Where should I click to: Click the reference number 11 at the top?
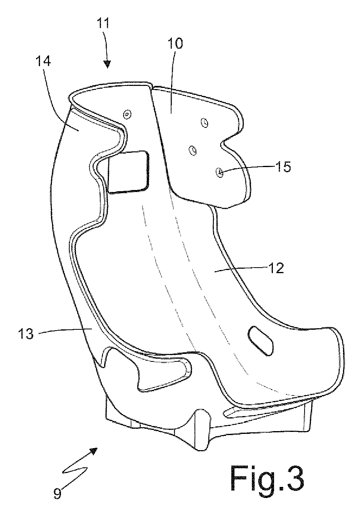(103, 23)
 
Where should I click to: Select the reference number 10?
(175, 44)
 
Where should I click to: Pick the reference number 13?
(26, 334)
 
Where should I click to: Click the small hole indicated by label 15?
(219, 172)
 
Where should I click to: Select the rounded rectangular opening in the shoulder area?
(128, 172)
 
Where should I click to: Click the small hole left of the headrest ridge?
(127, 114)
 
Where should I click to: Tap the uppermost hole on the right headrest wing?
(204, 122)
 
